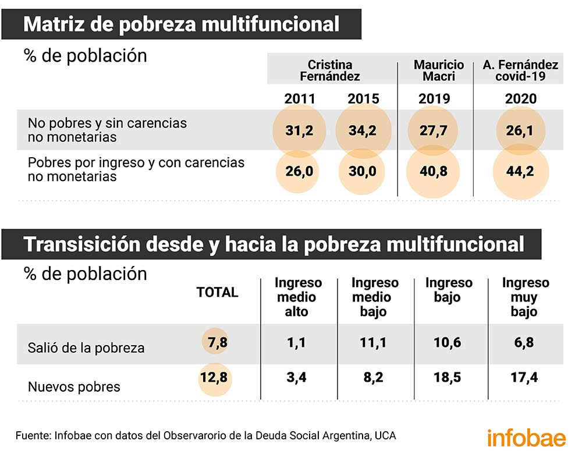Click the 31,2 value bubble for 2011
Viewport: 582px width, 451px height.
(x=300, y=130)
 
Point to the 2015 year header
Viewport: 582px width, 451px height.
(x=364, y=98)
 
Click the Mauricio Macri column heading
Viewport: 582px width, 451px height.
(x=438, y=70)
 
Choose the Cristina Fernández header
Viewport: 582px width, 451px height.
(x=330, y=70)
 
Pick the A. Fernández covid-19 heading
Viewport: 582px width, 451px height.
(x=520, y=70)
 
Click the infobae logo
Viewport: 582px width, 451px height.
(x=526, y=436)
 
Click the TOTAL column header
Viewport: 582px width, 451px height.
(x=218, y=293)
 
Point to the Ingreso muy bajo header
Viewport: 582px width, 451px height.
(x=525, y=297)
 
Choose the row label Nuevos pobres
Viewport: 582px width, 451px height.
(x=74, y=386)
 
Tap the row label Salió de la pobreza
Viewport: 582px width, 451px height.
(x=86, y=348)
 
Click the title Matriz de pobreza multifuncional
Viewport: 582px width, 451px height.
(x=182, y=24)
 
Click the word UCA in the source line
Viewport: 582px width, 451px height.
(x=387, y=435)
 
